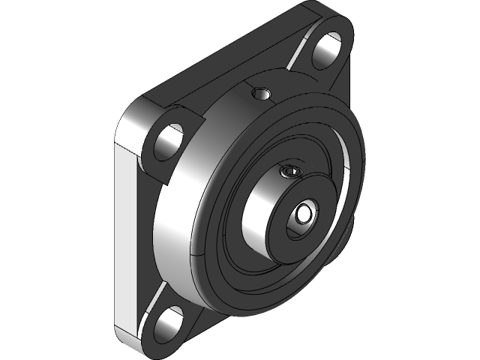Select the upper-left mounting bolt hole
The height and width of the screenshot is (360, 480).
[x=170, y=139]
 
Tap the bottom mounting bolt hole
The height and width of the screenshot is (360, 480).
[x=171, y=322]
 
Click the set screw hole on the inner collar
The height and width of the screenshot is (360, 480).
[x=290, y=173]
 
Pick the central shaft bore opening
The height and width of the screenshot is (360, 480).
[x=304, y=214]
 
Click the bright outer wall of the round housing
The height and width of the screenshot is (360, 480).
[x=180, y=225]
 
